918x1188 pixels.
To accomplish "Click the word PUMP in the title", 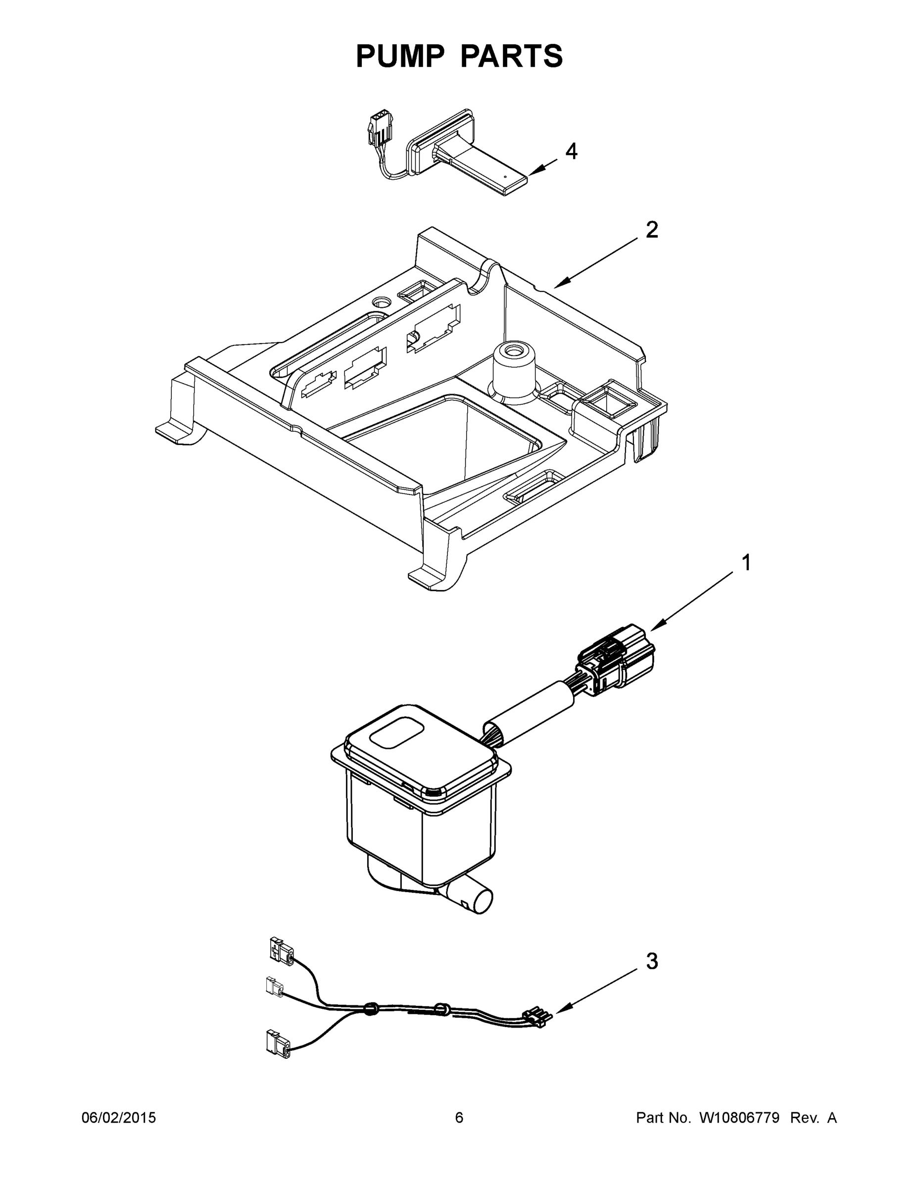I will [x=400, y=56].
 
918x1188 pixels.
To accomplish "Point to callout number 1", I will [x=746, y=562].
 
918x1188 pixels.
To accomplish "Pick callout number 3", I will [x=652, y=961].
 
